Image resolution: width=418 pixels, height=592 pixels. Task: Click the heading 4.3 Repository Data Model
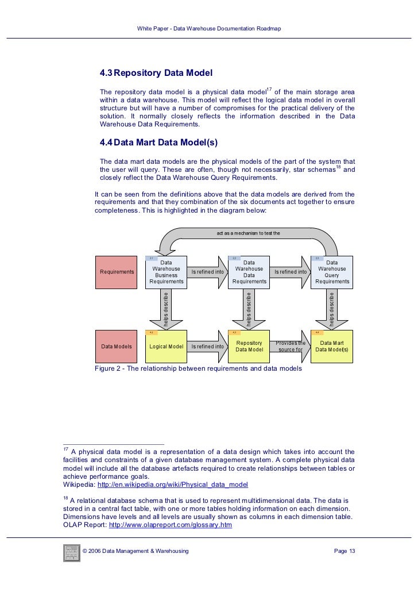pos(156,74)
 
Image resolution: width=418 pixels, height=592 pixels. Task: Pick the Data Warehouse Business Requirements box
pos(167,272)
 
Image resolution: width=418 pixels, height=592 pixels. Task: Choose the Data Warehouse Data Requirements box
pos(249,272)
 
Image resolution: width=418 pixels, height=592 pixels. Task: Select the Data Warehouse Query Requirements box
pos(332,272)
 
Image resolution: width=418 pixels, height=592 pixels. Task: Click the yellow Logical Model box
pos(167,347)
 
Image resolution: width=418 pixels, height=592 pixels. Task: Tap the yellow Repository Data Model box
pos(249,347)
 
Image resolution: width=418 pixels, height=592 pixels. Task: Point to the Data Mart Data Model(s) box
pos(332,347)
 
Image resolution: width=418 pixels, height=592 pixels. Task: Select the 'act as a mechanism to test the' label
pos(248,233)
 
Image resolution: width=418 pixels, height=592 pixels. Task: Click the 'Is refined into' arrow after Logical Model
pos(208,347)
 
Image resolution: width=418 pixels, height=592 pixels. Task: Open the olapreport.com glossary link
pos(170,525)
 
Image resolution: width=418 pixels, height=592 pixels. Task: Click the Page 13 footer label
pos(345,552)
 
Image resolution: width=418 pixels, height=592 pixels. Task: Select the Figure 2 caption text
pos(198,369)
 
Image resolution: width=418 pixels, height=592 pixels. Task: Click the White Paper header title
pos(209,29)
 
